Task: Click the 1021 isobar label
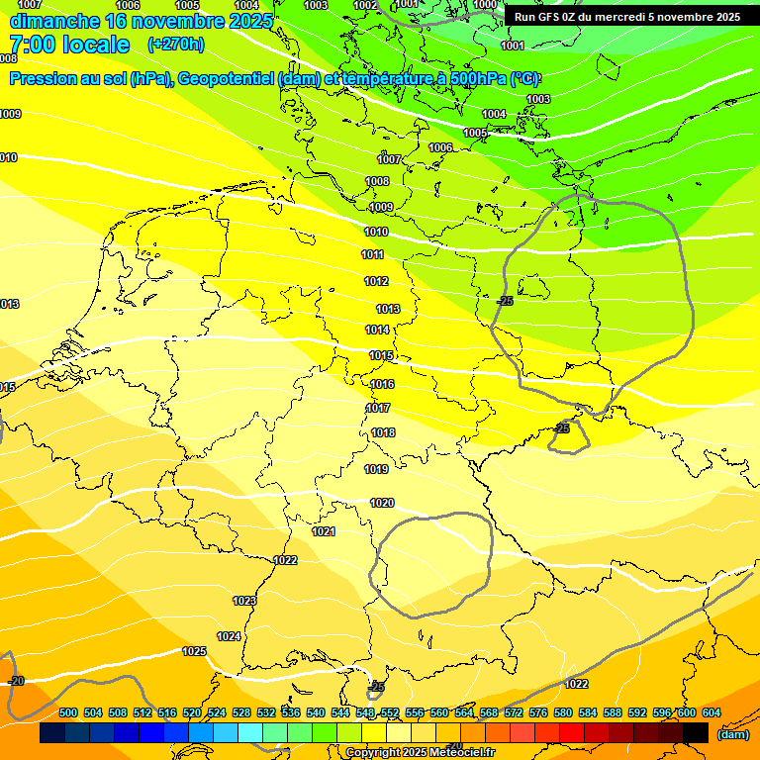(x=324, y=531)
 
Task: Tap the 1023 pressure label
(x=244, y=601)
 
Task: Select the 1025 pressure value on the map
(x=194, y=651)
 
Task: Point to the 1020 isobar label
(x=382, y=503)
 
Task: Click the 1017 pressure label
(x=378, y=408)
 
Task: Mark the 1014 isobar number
(x=377, y=330)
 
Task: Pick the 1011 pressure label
(x=372, y=254)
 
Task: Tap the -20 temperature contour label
(x=16, y=681)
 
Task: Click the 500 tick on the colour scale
(x=68, y=712)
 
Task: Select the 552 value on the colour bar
(x=390, y=712)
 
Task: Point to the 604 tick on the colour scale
(x=712, y=712)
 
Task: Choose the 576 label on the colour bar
(x=538, y=712)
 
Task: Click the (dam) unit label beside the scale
(x=732, y=734)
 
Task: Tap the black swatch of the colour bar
(x=696, y=733)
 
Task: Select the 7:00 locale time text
(x=69, y=45)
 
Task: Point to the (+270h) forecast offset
(x=176, y=45)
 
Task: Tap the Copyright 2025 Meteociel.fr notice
(x=420, y=752)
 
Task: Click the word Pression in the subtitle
(x=43, y=78)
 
